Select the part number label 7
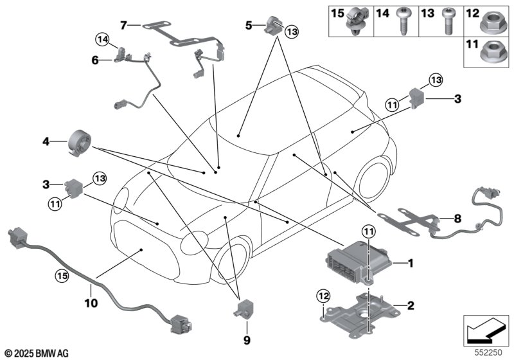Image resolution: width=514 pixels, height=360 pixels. (x=123, y=26)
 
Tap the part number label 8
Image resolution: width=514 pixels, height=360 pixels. (x=457, y=219)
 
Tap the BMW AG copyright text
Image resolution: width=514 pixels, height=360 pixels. (x=35, y=353)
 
